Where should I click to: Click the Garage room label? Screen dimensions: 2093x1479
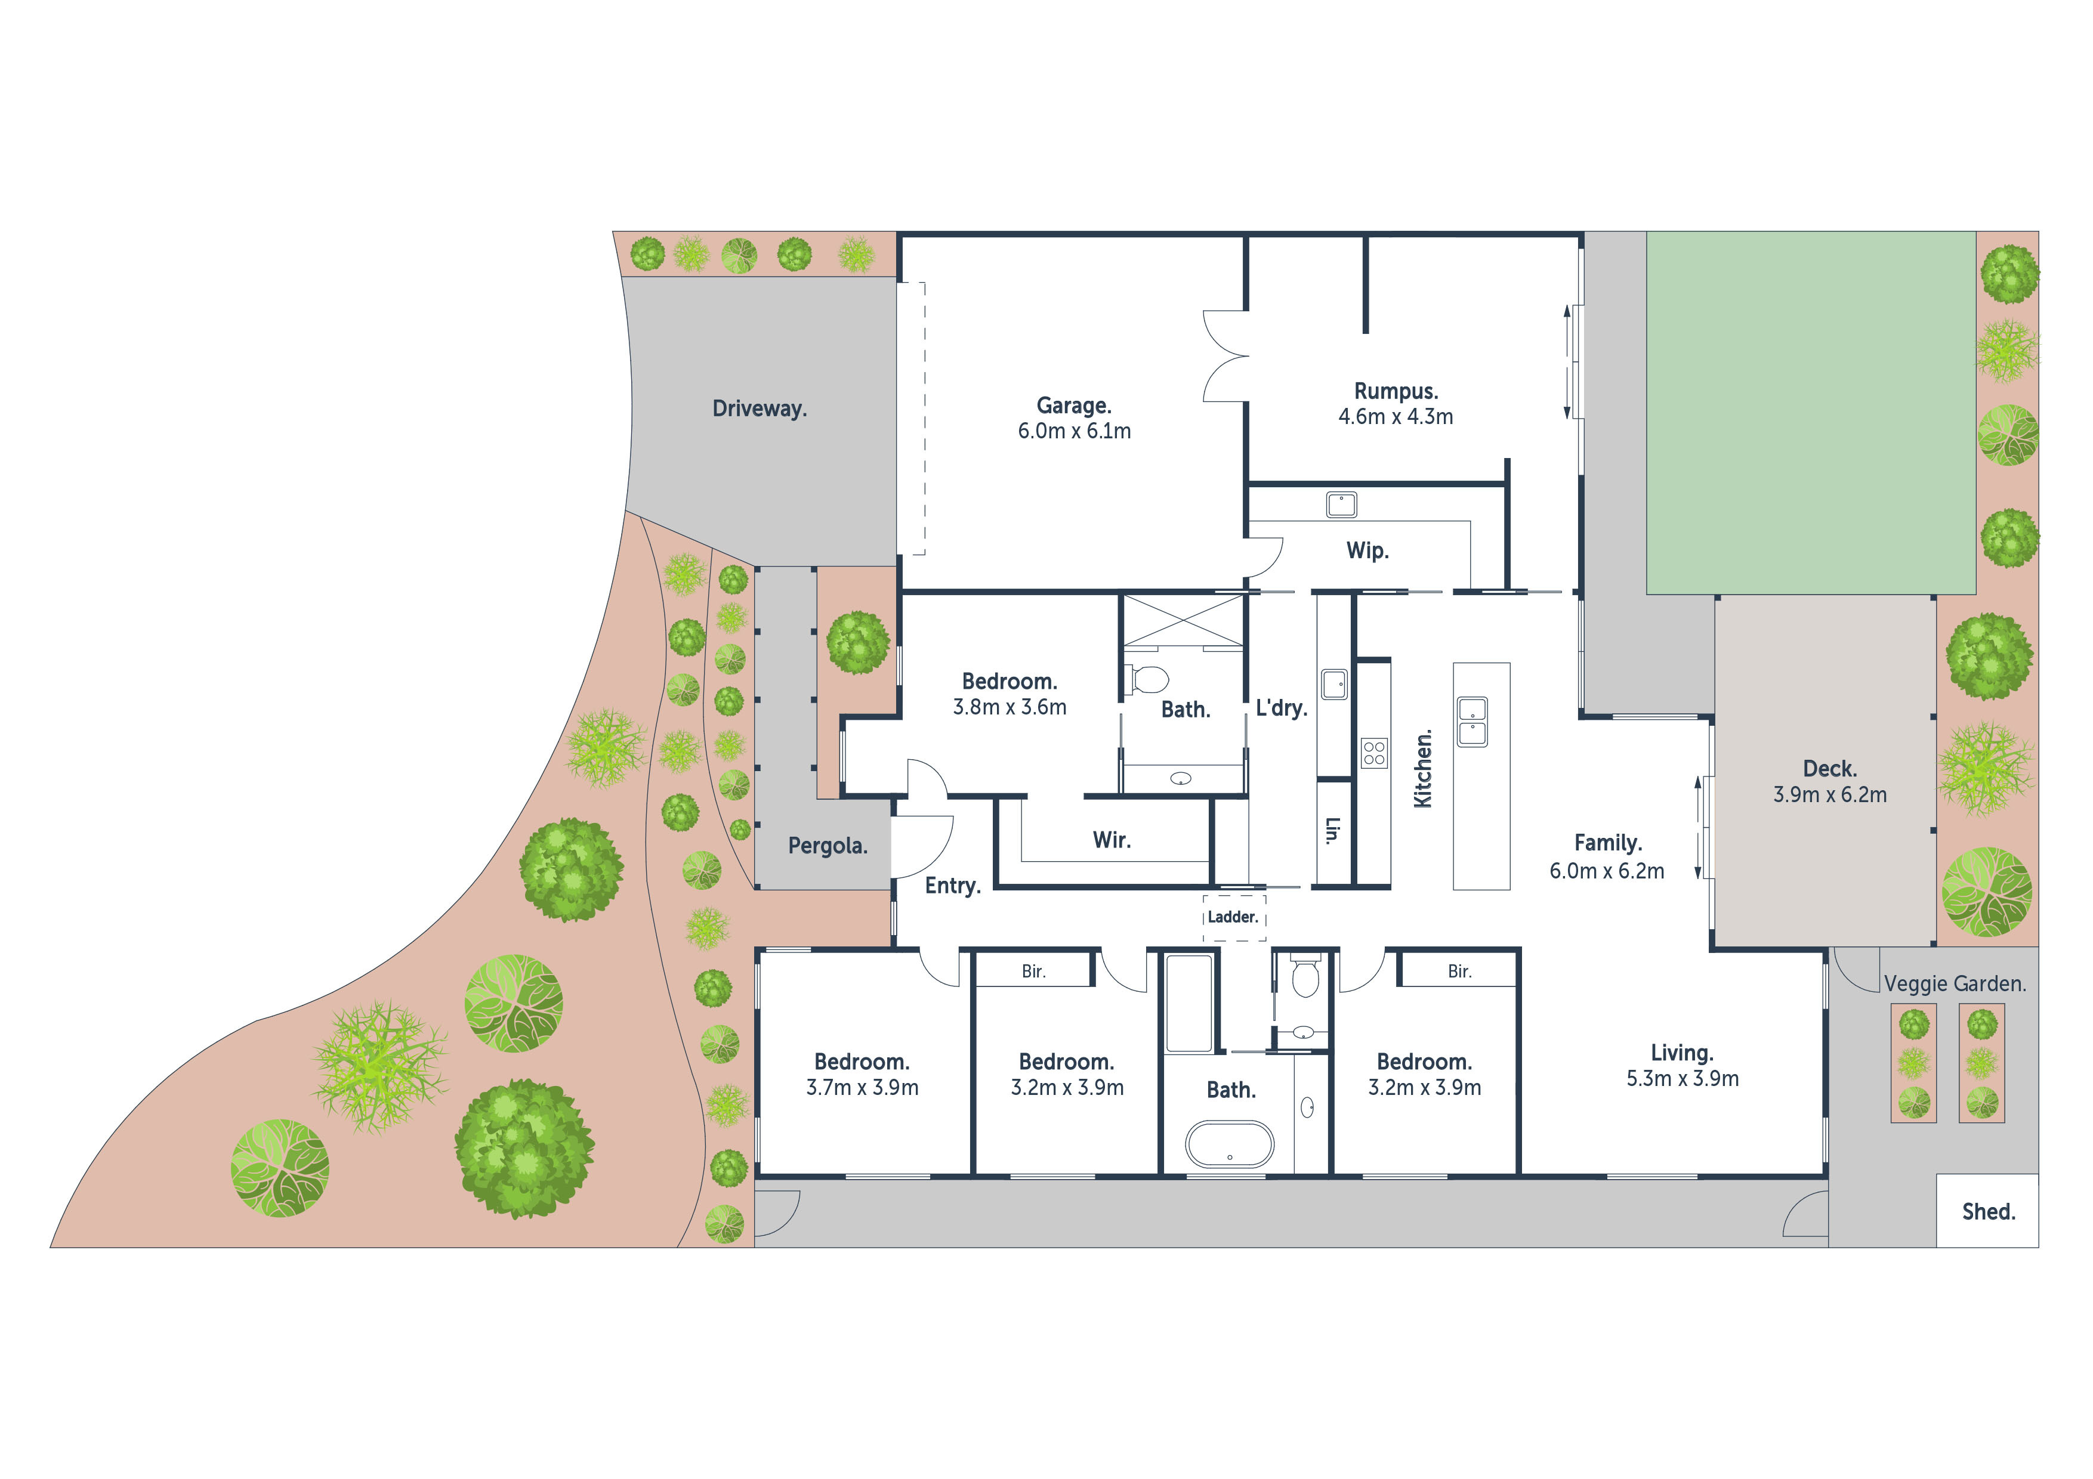click(1074, 406)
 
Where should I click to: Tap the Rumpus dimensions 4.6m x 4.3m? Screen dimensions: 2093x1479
click(1396, 416)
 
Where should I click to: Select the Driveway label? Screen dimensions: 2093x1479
click(760, 409)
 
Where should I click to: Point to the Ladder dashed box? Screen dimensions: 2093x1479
click(1233, 918)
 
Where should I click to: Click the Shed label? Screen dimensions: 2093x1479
click(1988, 1211)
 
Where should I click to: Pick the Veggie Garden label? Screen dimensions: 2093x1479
click(1955, 984)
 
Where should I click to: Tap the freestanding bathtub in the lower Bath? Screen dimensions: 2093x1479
click(1230, 1144)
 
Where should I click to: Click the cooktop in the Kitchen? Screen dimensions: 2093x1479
click(1375, 753)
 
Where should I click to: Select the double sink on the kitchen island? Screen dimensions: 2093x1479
click(1472, 722)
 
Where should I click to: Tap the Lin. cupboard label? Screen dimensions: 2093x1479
click(1333, 830)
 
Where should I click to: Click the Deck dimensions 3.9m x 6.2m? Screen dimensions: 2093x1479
click(1829, 794)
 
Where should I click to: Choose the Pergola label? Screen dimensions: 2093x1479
click(828, 846)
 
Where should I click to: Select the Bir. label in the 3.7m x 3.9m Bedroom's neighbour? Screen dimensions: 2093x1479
click(1033, 971)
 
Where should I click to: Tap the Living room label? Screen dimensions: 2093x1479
click(1682, 1053)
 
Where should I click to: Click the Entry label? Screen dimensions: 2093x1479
click(953, 886)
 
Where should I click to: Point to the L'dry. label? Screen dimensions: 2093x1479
click(1282, 708)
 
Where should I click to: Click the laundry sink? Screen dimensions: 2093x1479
click(1333, 683)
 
